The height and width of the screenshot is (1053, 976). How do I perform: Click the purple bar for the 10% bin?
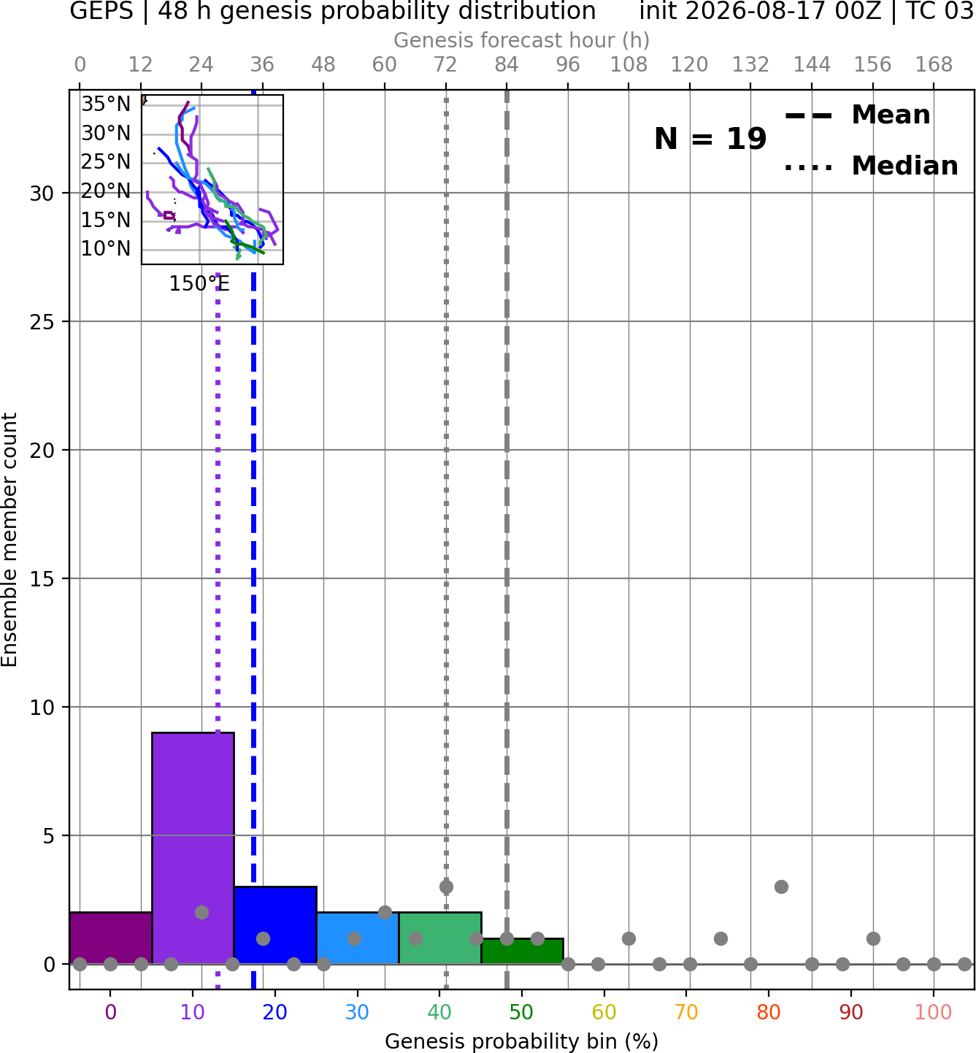coord(193,848)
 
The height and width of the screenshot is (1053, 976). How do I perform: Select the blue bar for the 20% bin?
coord(275,925)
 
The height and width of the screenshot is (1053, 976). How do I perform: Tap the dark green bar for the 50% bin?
coord(522,951)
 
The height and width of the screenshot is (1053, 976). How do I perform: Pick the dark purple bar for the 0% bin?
coord(111,938)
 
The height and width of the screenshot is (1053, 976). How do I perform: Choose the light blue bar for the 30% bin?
coord(358,938)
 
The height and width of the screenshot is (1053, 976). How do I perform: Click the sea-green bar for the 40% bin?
coord(440,938)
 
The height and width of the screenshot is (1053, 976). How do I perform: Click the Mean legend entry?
coord(857,115)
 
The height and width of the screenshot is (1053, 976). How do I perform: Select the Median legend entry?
coord(871,166)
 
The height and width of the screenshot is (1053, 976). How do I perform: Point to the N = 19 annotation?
coord(710,139)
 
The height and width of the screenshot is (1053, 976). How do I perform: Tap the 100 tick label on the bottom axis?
coord(934,1012)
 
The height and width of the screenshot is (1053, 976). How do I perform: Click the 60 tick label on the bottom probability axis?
coord(604,1012)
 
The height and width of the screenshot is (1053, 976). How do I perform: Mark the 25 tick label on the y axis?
coord(42,322)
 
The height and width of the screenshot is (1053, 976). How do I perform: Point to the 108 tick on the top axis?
coord(629,65)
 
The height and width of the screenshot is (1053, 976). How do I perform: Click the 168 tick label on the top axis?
coord(934,65)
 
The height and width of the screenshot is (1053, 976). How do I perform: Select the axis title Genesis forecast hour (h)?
coord(522,40)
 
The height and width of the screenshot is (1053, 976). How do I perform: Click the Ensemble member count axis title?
coord(9,540)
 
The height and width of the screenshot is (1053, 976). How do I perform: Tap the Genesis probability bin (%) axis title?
coord(522,1041)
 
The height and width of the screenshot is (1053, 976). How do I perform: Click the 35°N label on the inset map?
coord(106,104)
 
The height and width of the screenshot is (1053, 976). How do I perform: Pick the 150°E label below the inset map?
coord(199,283)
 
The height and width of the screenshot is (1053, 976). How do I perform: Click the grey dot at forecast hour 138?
coord(781,887)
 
